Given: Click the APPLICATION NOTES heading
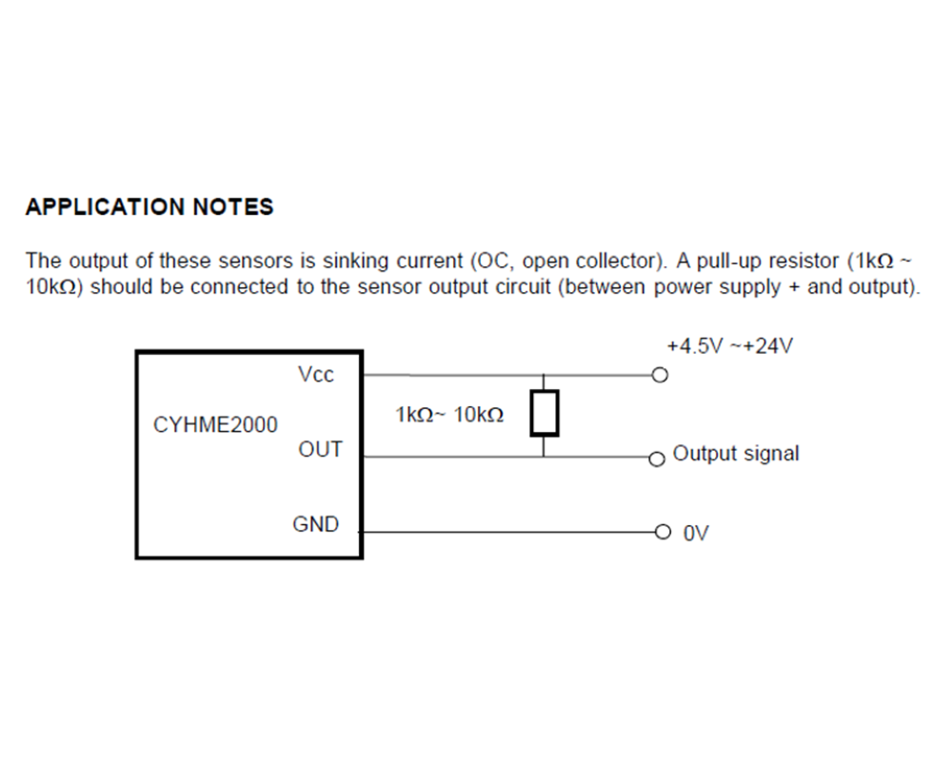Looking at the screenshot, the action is coord(149,207).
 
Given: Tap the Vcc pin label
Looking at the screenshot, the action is coord(316,375).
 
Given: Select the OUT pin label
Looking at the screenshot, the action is coord(320,450).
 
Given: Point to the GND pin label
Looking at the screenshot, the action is coord(316,524).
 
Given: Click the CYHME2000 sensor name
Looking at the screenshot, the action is coord(215,425).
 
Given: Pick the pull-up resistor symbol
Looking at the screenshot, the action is coord(544,413).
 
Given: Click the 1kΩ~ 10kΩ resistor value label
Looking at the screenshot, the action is coord(449,415).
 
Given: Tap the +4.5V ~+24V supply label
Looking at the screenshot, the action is coord(730,346).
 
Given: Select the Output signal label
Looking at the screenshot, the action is coord(736,454).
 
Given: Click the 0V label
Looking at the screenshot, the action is coord(696,534).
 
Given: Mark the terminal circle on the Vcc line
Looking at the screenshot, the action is coord(660,375).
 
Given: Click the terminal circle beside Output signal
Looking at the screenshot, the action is coord(656,459).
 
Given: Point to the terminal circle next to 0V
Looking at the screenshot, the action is coord(663,532).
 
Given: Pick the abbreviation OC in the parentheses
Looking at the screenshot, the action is coord(493,262).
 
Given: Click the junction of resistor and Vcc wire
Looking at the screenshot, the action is coord(544,375).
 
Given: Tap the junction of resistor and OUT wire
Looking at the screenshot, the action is coord(544,457).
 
